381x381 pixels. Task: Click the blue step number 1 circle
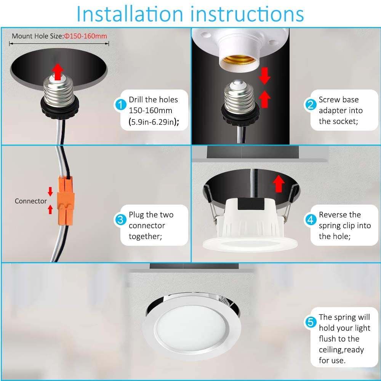[120, 104]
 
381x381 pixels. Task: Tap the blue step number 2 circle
[311, 104]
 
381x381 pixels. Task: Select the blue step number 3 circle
[120, 219]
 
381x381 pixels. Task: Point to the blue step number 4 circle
[311, 219]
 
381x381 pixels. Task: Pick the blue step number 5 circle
[311, 322]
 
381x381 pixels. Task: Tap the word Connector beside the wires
[30, 201]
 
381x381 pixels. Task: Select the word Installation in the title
[130, 14]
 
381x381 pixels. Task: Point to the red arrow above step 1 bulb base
[58, 71]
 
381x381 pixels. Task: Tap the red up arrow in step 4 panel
[279, 183]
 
